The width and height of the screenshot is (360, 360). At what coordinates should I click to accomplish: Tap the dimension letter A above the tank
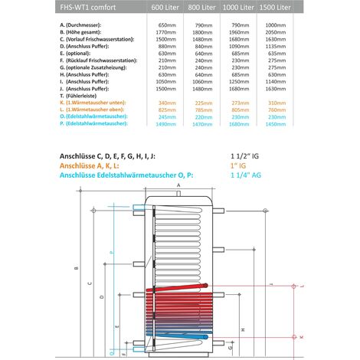(178, 185)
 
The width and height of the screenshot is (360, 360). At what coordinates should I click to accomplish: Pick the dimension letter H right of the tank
(242, 327)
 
